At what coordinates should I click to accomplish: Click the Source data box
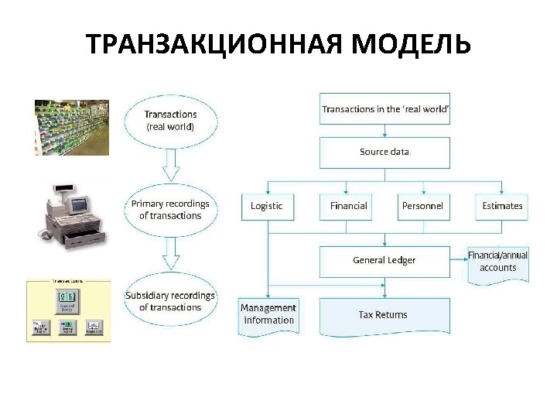384,152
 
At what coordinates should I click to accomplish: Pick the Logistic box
267,206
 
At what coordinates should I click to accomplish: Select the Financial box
348,206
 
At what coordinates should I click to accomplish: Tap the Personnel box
422,206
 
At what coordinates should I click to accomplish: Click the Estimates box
502,206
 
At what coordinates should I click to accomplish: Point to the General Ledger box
384,261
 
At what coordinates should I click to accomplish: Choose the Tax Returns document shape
384,316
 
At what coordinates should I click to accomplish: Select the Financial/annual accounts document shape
497,263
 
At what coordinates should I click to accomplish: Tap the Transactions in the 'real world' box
384,109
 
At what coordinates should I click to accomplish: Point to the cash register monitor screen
79,204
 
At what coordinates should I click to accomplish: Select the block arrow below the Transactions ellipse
171,165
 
